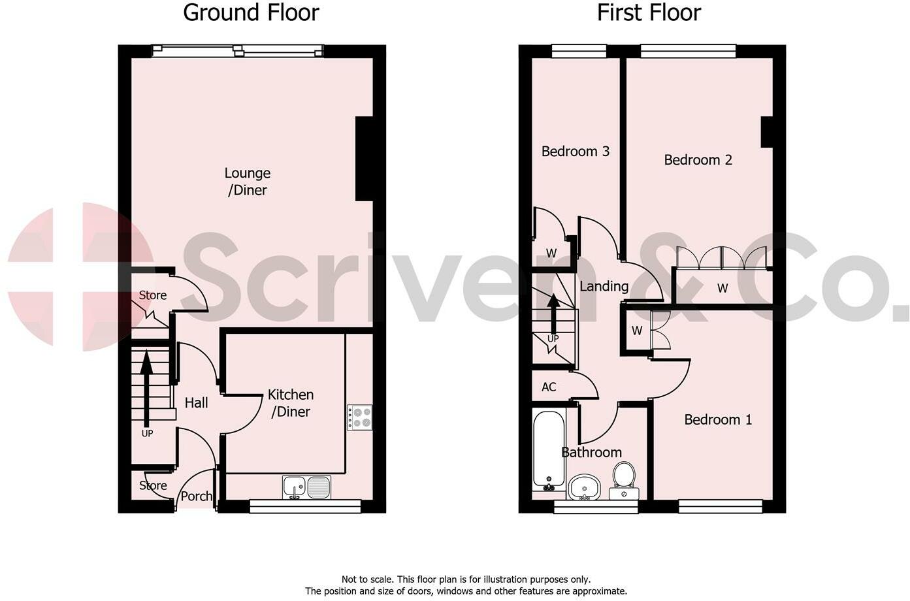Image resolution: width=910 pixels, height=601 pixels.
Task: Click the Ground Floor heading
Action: coord(251,12)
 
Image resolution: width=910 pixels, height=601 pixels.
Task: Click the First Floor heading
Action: coord(649,12)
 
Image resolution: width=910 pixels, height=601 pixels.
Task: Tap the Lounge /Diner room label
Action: coord(248,182)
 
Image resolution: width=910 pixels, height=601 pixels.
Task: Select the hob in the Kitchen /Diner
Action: coord(359,417)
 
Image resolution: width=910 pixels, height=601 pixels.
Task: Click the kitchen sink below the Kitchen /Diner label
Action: coord(307,487)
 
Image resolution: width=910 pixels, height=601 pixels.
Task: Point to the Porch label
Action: coord(197,496)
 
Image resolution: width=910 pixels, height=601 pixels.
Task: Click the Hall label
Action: coord(196,402)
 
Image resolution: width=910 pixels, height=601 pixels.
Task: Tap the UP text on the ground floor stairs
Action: coord(147,433)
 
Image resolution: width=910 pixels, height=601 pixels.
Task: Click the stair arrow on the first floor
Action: coord(553,314)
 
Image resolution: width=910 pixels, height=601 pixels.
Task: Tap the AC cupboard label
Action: coord(549,387)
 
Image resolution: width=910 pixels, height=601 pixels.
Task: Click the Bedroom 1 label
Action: coord(718,419)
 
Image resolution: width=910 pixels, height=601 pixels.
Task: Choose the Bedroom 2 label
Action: coord(698,159)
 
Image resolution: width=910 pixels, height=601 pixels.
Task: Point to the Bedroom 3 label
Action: coord(576,151)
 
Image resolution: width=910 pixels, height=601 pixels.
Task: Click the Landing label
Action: coord(604,287)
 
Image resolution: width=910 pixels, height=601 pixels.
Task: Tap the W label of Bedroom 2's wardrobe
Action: coord(723,288)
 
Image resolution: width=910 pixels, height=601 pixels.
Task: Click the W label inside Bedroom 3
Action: coord(551,253)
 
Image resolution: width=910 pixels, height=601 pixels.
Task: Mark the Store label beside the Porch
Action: coord(153,485)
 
